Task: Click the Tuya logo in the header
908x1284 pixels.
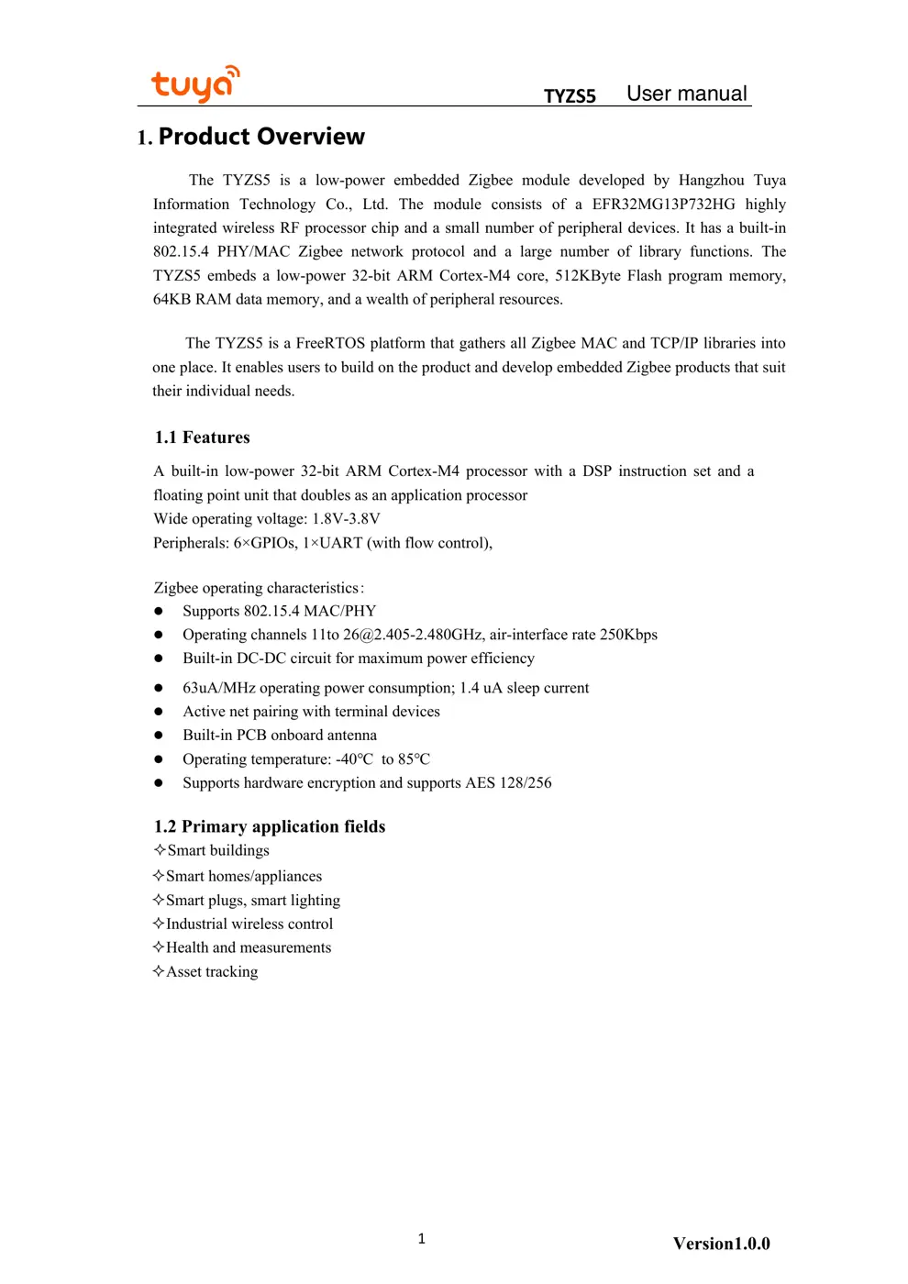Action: tap(194, 84)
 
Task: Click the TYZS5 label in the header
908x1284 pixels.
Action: tap(570, 96)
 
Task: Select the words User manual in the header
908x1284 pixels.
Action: tap(686, 94)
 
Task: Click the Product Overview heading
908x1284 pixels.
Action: tap(261, 137)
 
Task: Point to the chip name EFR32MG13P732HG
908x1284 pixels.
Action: tap(663, 205)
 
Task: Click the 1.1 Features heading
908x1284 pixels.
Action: tap(202, 437)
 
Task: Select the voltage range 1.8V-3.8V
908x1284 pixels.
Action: tap(346, 519)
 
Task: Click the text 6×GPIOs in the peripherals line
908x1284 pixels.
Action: tap(265, 543)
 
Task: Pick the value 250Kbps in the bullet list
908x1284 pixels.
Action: tap(628, 635)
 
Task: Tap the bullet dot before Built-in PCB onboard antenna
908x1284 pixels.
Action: tap(159, 736)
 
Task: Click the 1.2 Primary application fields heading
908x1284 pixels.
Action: tap(270, 826)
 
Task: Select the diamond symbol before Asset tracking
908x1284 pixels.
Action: tap(159, 971)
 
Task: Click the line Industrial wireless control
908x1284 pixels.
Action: tap(249, 924)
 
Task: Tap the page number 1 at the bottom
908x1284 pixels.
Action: tap(421, 1239)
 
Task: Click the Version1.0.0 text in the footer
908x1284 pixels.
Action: tap(721, 1244)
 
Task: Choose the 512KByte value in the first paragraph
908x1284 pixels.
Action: tap(587, 276)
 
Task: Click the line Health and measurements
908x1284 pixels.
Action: tap(248, 947)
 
